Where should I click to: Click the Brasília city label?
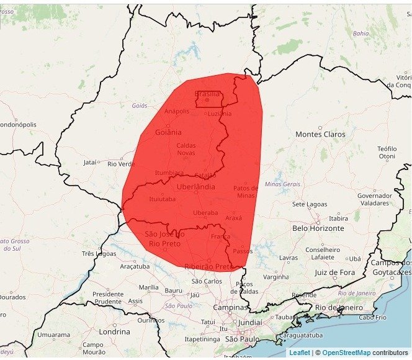coord(207,94)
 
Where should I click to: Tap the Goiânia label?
coord(168,132)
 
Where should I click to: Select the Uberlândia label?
coord(196,186)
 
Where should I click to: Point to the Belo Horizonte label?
coord(318,228)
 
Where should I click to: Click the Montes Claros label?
coord(320,134)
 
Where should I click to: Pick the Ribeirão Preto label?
coord(208,266)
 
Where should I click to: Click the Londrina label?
coord(114,331)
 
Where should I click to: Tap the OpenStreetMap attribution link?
coord(346,353)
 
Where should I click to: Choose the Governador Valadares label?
coord(374,199)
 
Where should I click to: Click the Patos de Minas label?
coord(246,192)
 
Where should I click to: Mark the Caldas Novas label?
coord(186,149)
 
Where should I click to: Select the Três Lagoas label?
coord(99,254)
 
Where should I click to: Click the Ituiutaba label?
coord(163,199)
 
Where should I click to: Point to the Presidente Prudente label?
coord(108,297)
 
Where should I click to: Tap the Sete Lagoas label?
coord(308,204)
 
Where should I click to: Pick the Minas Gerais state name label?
coord(282,184)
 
